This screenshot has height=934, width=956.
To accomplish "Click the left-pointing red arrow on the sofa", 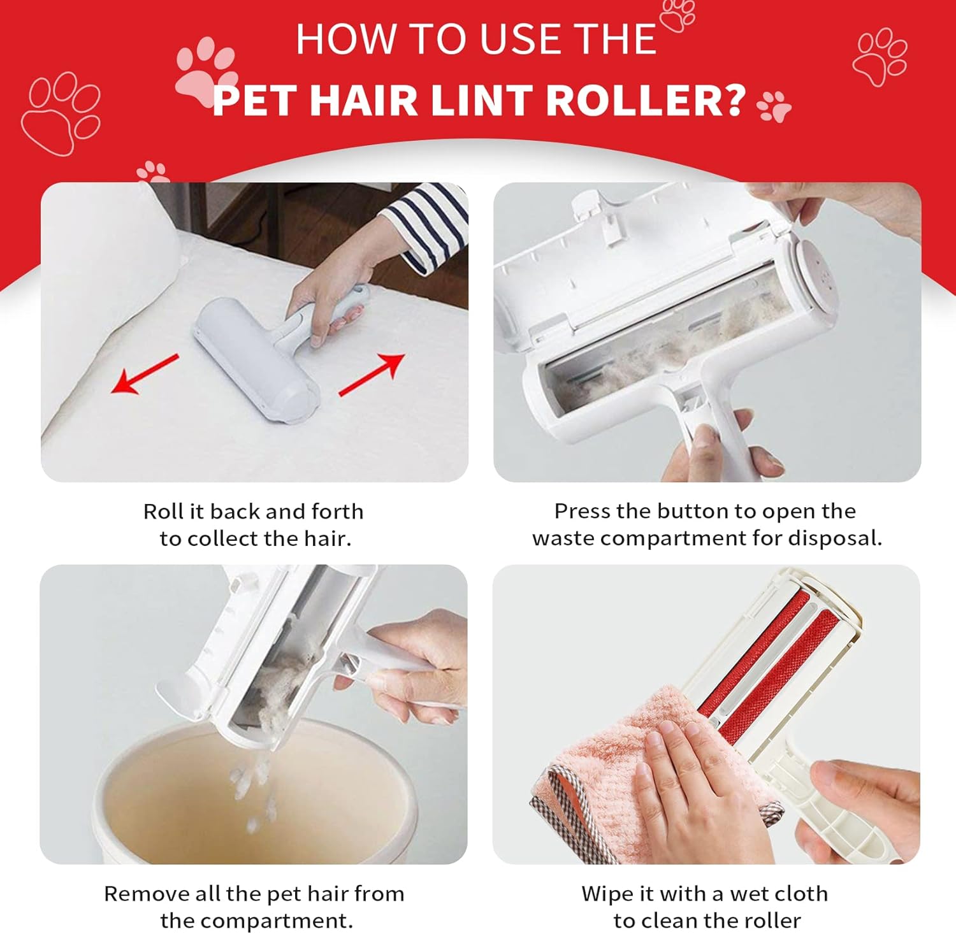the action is [x=145, y=374].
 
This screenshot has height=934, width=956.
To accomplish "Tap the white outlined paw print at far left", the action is [x=61, y=113].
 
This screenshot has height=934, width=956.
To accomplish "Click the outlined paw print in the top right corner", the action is [x=880, y=56].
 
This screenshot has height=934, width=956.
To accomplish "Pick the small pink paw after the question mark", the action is [x=774, y=106].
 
